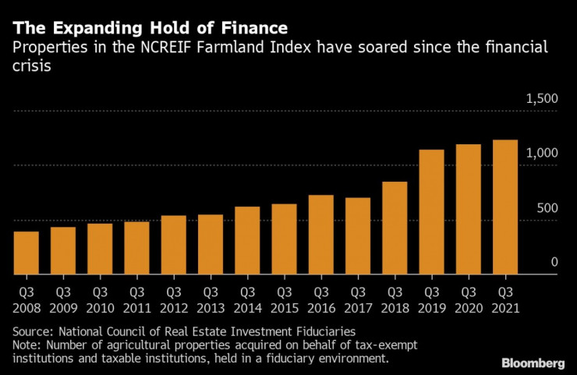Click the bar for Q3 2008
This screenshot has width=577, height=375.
(x=27, y=253)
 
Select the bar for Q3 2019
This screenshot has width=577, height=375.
(x=431, y=212)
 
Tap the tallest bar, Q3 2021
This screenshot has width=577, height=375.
(x=505, y=207)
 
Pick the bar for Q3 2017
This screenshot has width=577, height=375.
(x=358, y=236)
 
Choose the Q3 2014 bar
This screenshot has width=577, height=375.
(x=247, y=240)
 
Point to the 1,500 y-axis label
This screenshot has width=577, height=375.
(x=542, y=99)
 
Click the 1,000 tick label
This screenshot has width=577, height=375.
(x=542, y=153)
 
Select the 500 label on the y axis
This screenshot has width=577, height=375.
(x=547, y=208)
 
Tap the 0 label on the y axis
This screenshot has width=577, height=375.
(x=554, y=262)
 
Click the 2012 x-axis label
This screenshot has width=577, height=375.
(x=174, y=309)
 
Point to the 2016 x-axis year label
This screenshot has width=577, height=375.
(x=321, y=309)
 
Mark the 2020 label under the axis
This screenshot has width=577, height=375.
(x=469, y=309)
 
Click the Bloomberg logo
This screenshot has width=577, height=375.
(x=533, y=363)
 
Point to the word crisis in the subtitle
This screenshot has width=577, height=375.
(x=32, y=65)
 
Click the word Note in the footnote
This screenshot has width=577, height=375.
(x=27, y=345)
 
